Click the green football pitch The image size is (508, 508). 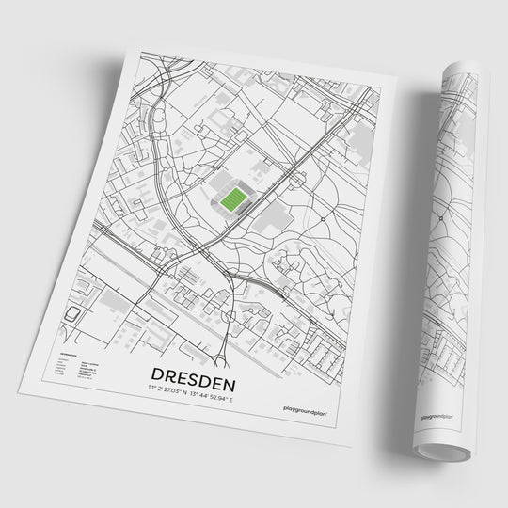point(230,198)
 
